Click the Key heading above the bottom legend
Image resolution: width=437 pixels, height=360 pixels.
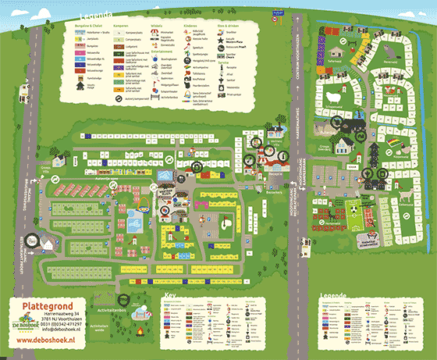pyautogui.click(x=169, y=294)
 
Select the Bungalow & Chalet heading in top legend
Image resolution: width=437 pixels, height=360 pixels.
pyautogui.click(x=72, y=26)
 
